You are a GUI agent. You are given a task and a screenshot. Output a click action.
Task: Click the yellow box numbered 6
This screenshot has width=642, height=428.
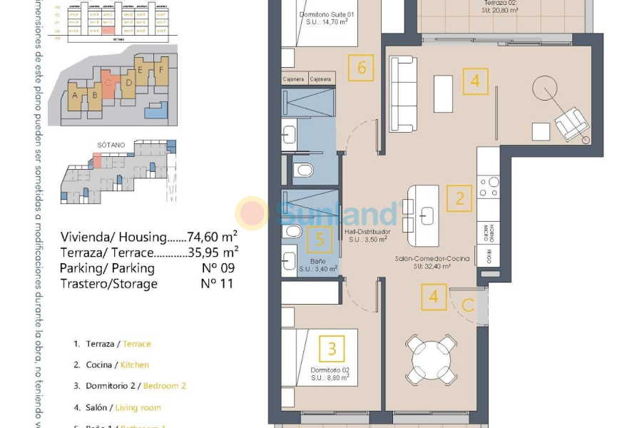pyautogui.click(x=362, y=68)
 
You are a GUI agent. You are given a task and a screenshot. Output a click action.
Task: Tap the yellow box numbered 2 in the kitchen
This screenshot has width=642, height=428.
pyautogui.click(x=459, y=198)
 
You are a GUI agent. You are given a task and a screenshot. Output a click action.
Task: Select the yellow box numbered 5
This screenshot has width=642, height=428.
pyautogui.click(x=320, y=240)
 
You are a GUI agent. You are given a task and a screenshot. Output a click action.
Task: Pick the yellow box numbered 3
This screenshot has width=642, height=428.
pyautogui.click(x=332, y=350)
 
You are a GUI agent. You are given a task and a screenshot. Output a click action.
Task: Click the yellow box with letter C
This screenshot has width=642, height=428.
pyautogui.click(x=468, y=306)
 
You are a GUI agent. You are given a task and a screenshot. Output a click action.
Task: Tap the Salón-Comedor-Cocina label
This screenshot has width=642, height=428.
pyautogui.click(x=432, y=259)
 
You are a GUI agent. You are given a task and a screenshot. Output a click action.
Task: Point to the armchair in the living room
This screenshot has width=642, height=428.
pyautogui.click(x=571, y=124)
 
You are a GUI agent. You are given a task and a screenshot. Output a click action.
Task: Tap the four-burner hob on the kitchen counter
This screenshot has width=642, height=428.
pyautogui.click(x=489, y=187)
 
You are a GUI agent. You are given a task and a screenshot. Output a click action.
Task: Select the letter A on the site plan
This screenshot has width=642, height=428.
pyautogui.click(x=75, y=94)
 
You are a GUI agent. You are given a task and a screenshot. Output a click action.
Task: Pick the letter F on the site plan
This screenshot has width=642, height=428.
pyautogui.click(x=161, y=70)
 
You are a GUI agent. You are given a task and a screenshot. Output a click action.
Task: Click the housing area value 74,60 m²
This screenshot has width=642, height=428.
pyautogui.click(x=212, y=237)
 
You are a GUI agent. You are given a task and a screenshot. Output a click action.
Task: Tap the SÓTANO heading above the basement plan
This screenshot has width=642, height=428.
pyautogui.click(x=111, y=144)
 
